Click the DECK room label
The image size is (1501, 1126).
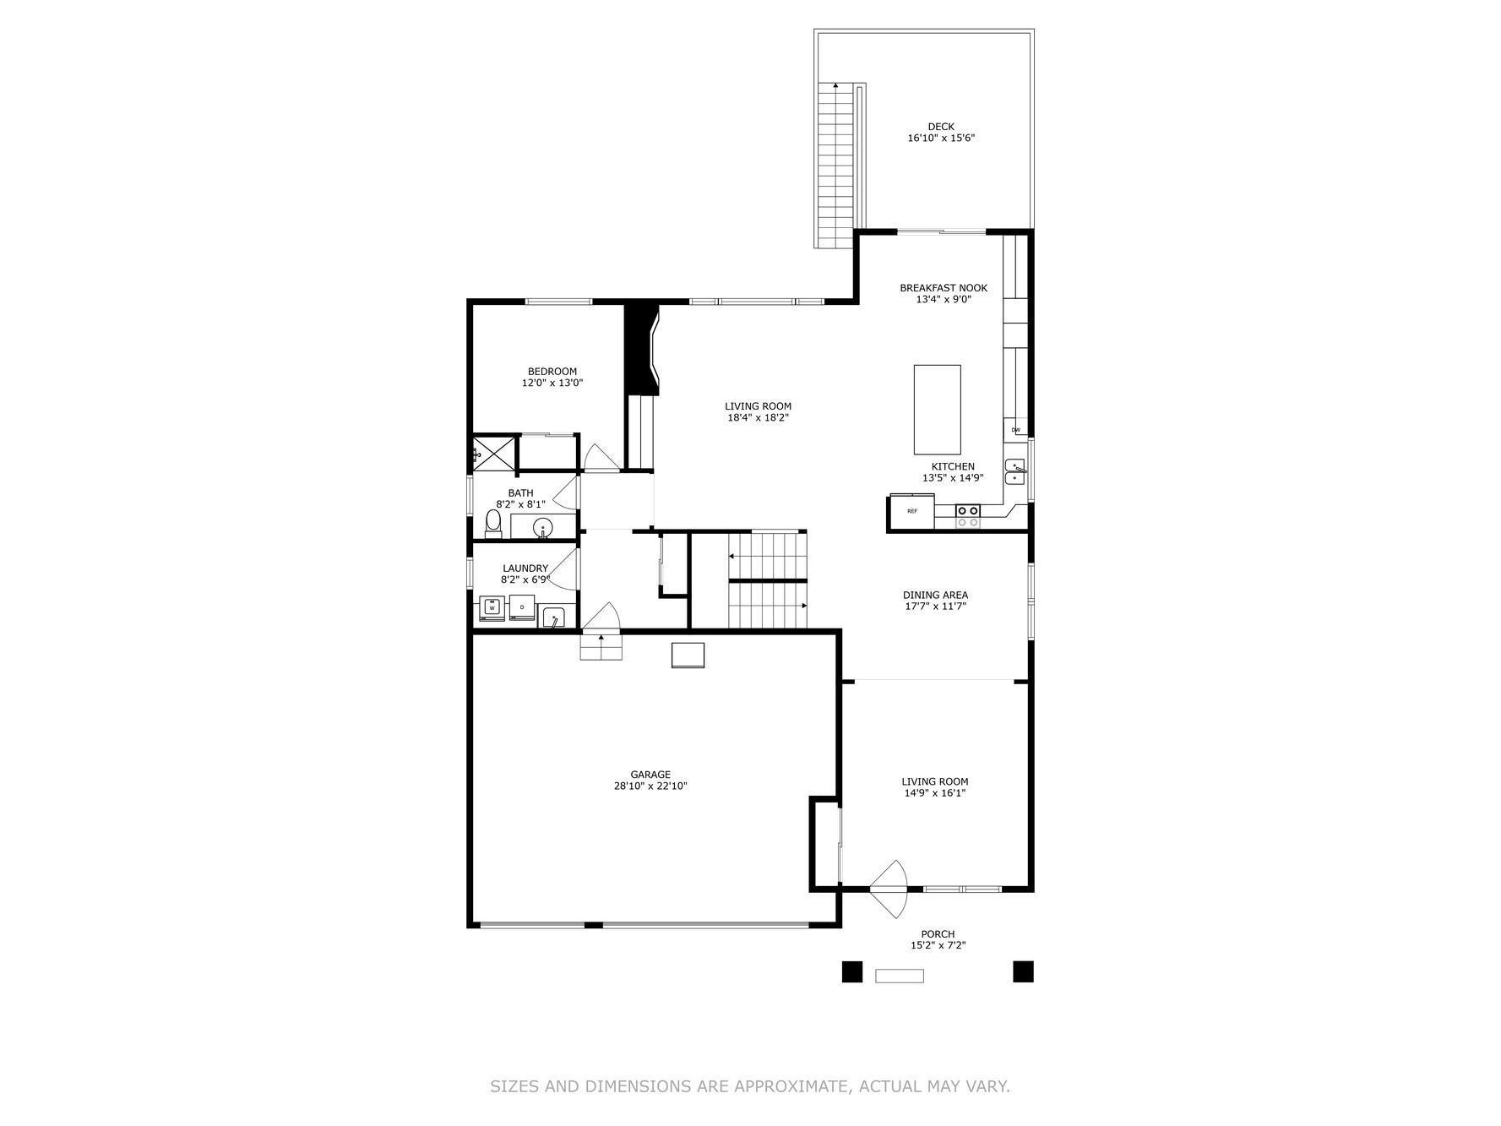tap(941, 127)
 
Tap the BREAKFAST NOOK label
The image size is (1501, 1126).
tap(944, 288)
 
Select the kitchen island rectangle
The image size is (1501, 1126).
tap(938, 410)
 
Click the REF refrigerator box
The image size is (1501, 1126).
tap(912, 511)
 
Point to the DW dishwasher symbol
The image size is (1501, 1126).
tap(1016, 430)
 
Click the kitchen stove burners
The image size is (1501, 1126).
tap(968, 516)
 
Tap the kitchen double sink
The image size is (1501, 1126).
tap(1015, 472)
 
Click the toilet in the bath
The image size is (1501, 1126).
tap(493, 524)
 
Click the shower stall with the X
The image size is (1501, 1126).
tap(494, 454)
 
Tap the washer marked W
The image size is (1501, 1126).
tap(492, 608)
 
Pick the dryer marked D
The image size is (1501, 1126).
tap(522, 607)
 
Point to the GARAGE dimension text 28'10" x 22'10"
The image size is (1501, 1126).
tap(650, 786)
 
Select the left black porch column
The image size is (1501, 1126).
tap(852, 972)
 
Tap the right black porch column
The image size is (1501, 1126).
tap(1024, 972)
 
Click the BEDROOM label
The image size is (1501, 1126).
tap(552, 372)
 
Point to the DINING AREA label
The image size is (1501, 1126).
tap(935, 595)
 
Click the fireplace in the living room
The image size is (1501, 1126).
tap(641, 349)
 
